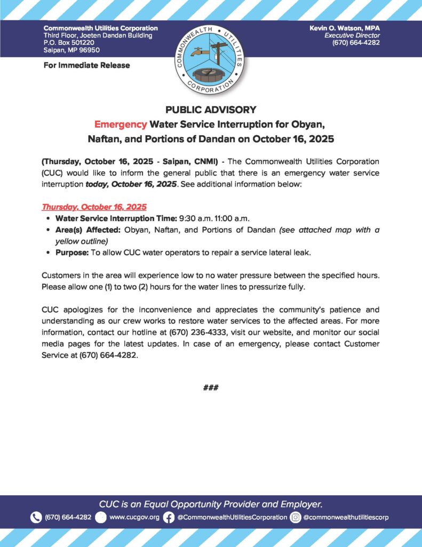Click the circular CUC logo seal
click(211, 58)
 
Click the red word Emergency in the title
click(120, 124)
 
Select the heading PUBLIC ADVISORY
click(211, 110)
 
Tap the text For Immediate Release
click(86, 65)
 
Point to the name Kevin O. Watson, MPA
click(345, 28)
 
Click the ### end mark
click(211, 387)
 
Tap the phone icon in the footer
click(36, 517)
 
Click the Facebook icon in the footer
click(169, 517)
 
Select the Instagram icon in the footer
click(296, 517)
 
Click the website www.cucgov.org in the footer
click(134, 517)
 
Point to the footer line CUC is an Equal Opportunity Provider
click(211, 504)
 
